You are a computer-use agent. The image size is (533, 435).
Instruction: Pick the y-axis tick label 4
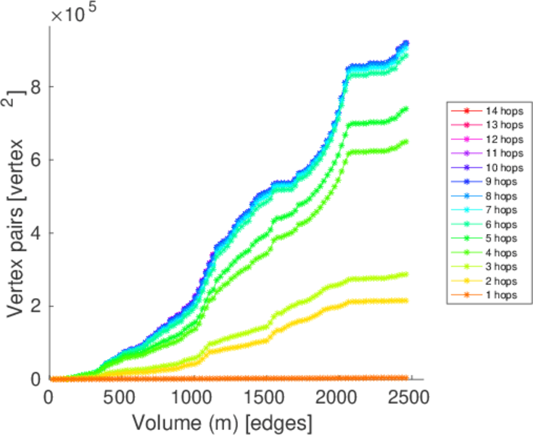coord(34,233)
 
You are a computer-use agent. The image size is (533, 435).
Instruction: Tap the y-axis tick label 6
coord(34,160)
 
